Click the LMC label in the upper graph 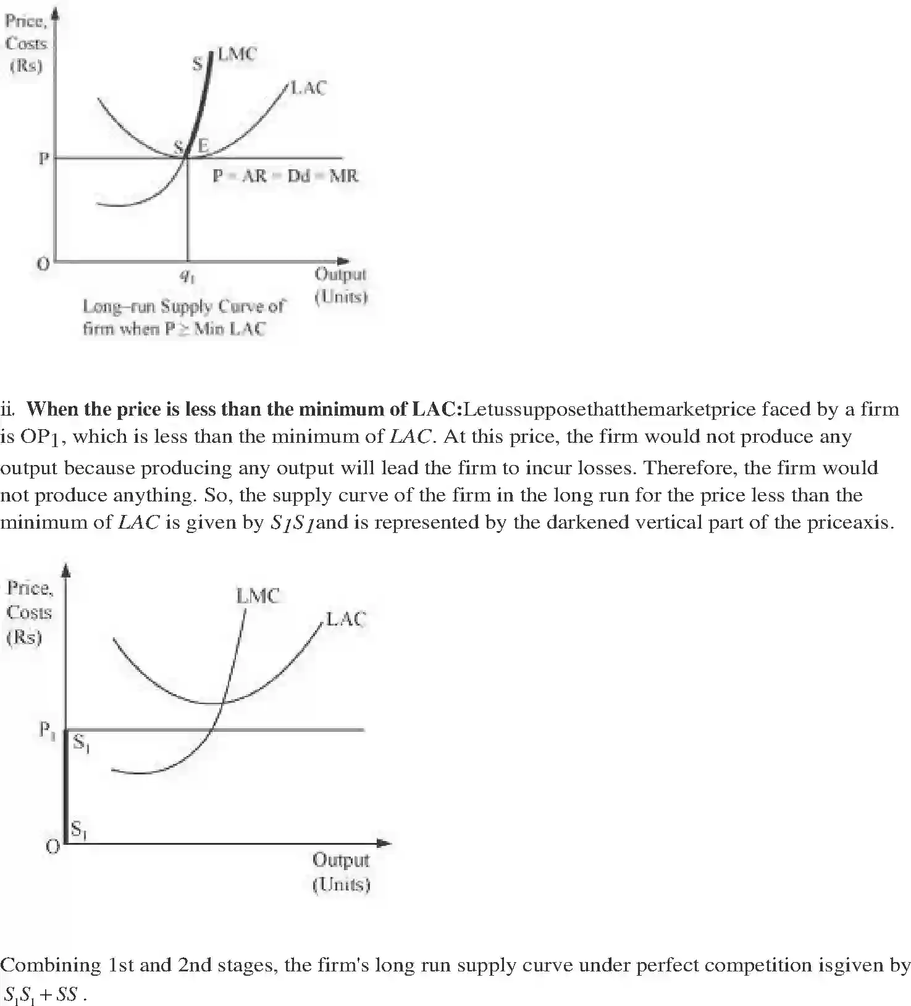(237, 54)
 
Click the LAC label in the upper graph (308, 88)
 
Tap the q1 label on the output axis (187, 277)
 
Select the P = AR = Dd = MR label (285, 176)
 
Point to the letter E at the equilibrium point (203, 146)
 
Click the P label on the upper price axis (43, 159)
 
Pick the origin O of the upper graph (43, 264)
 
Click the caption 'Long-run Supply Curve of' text (183, 306)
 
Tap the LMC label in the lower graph (258, 596)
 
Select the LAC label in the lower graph (346, 619)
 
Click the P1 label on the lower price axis (47, 731)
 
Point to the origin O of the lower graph (53, 846)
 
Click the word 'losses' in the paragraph (605, 467)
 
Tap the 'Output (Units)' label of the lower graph (340, 871)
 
